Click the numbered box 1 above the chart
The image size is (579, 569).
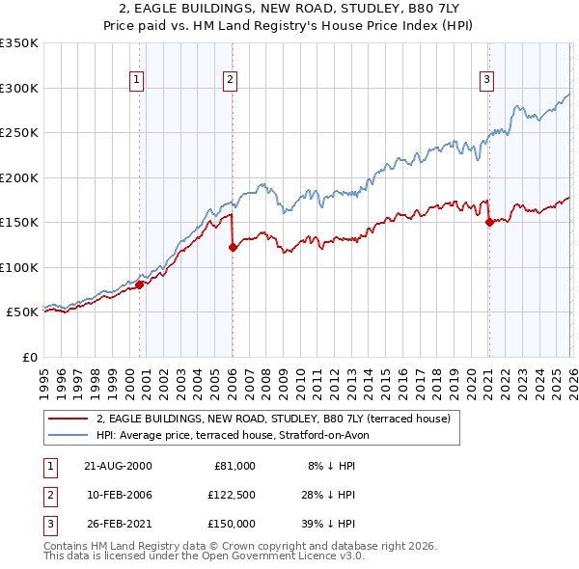coord(137,80)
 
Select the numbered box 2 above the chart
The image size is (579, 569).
coord(231,80)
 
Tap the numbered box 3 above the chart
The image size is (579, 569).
coord(487,80)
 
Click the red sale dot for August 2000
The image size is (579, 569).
coord(139,284)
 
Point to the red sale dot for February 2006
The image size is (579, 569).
coord(233,248)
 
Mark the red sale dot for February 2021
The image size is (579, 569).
coord(489,223)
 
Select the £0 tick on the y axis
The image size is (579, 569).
coord(29,357)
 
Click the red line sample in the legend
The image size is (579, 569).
coord(69,419)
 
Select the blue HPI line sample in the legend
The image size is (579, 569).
coord(69,435)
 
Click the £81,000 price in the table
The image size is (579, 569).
coord(233,466)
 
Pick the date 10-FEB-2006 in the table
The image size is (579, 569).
coord(120,495)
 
